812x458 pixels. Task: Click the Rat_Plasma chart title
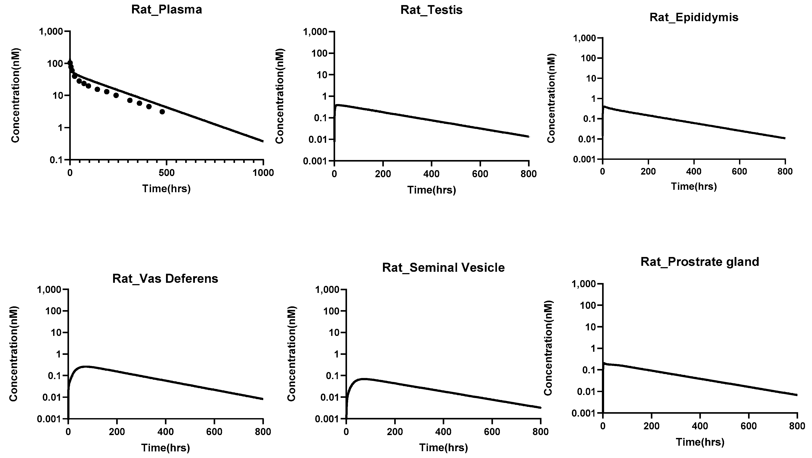point(166,10)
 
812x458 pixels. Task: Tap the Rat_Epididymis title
point(694,17)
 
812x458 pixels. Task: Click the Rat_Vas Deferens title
point(165,279)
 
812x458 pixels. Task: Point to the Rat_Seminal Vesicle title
point(443,268)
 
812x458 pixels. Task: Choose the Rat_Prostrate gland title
point(700,262)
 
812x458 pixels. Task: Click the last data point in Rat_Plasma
point(162,112)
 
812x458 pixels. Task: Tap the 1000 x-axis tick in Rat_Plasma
point(263,173)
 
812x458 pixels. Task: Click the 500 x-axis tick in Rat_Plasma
point(166,173)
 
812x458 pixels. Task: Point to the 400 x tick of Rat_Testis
point(431,174)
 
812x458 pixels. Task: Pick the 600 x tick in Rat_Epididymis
point(739,171)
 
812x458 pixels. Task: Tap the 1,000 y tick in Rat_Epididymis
point(585,38)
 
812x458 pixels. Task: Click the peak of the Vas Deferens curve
point(85,367)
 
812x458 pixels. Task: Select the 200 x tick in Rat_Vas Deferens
point(117,432)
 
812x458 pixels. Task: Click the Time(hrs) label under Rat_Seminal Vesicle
point(443,448)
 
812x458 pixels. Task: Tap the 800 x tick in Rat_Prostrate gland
point(797,426)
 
